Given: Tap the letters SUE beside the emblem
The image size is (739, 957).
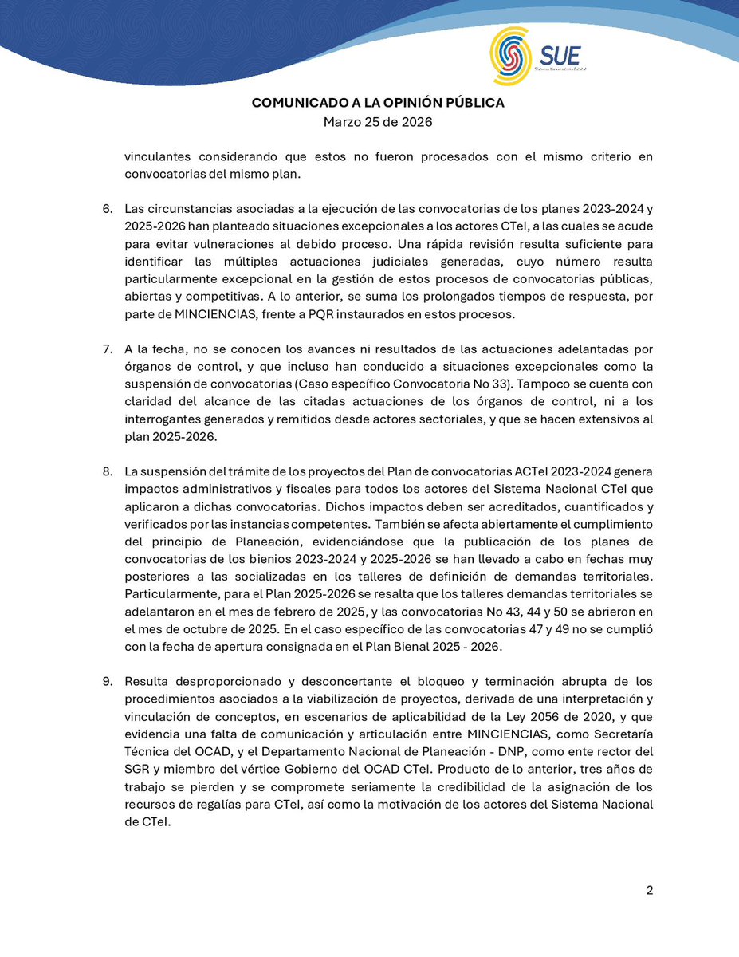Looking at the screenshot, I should tap(560, 56).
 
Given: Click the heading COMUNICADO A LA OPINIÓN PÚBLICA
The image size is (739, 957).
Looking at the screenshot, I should tap(378, 103).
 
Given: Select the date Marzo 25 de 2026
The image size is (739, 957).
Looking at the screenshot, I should tap(378, 122).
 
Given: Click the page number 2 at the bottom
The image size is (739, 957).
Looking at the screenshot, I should tap(649, 891).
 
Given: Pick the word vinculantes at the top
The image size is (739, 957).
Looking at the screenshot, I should tap(159, 157).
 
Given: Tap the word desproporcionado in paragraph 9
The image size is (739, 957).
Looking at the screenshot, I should tap(220, 682).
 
